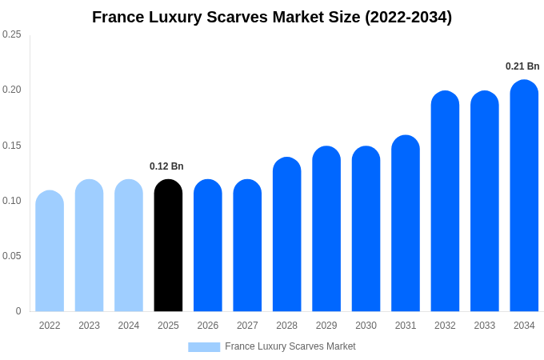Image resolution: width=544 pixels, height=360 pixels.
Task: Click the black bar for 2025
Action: pos(168,246)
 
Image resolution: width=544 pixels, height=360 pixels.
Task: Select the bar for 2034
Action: pos(524,196)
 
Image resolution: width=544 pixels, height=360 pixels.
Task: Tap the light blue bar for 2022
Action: pos(50,251)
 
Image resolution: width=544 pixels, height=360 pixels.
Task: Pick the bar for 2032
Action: pos(445,202)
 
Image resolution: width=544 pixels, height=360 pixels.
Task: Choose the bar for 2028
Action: pos(286,234)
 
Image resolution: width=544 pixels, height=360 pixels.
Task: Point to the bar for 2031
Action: pos(406,223)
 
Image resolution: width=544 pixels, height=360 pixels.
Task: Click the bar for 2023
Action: pos(89,246)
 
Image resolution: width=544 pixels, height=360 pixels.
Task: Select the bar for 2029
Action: pos(326,229)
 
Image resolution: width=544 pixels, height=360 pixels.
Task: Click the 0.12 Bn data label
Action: pos(166,166)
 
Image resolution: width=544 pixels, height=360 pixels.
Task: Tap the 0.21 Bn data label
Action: pos(522,66)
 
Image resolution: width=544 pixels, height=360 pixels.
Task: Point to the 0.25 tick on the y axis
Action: pos(12,34)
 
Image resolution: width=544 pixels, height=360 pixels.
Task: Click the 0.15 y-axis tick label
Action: pos(12,146)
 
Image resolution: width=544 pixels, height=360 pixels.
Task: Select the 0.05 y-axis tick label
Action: pos(12,256)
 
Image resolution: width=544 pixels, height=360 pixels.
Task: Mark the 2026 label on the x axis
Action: pos(208,326)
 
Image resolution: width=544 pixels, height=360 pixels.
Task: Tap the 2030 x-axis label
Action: pos(366,326)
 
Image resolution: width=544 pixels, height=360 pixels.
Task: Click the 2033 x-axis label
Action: pos(485,326)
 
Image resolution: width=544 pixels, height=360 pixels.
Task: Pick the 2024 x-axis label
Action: pos(129,326)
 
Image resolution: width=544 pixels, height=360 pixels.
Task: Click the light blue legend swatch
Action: pos(204,346)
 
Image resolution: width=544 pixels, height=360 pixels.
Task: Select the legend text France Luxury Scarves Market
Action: pos(290,346)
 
